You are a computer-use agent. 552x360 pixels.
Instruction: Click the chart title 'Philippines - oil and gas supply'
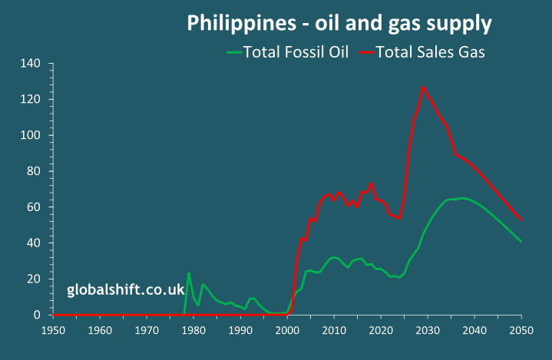click(x=339, y=24)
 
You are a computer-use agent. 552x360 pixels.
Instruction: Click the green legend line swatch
click(x=233, y=52)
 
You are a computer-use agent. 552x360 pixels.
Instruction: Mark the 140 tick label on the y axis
click(x=31, y=64)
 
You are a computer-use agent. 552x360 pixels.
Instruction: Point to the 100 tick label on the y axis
click(x=31, y=136)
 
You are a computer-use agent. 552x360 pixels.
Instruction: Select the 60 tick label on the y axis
click(x=34, y=207)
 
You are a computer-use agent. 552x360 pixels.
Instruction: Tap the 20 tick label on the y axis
click(x=34, y=279)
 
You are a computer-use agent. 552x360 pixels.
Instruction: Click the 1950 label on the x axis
click(x=52, y=331)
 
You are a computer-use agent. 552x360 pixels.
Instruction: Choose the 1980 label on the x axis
click(x=193, y=331)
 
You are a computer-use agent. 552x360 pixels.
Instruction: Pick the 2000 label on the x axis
click(x=287, y=331)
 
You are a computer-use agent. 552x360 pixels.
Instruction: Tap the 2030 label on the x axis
click(x=428, y=331)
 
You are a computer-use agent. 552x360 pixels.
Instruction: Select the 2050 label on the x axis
click(x=521, y=331)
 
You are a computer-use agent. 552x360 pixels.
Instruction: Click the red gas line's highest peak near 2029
click(x=423, y=86)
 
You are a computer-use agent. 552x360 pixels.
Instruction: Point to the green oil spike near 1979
click(x=189, y=273)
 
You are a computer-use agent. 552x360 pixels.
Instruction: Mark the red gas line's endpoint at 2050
click(x=521, y=220)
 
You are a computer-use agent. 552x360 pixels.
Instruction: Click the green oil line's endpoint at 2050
click(x=521, y=242)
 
